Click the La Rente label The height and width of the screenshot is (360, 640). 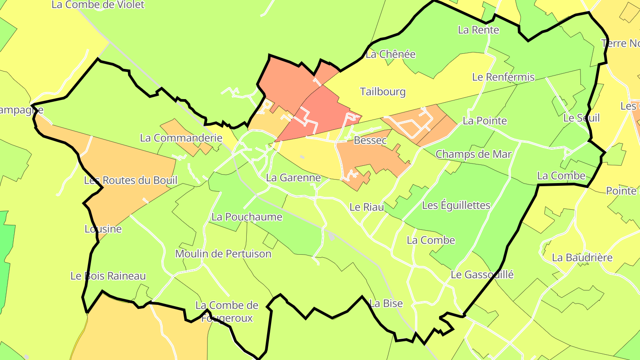(x=478, y=30)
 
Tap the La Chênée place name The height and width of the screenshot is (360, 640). (x=390, y=54)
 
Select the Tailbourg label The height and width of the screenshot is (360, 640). (x=383, y=92)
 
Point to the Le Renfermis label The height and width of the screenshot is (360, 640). (x=503, y=77)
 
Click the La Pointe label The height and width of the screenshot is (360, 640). (x=484, y=121)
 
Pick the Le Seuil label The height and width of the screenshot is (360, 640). (x=581, y=118)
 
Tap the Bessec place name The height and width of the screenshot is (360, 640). (x=370, y=141)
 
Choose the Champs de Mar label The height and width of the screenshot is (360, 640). (x=474, y=154)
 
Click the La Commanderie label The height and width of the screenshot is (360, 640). (x=181, y=138)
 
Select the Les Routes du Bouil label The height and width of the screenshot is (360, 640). (x=131, y=180)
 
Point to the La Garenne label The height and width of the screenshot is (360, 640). (x=293, y=178)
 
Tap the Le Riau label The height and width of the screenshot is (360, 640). (x=367, y=207)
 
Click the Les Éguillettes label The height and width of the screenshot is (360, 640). (x=456, y=205)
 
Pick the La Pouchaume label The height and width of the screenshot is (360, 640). (x=247, y=217)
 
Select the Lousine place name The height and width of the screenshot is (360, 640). (x=103, y=229)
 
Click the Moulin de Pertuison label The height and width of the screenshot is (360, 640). (x=223, y=254)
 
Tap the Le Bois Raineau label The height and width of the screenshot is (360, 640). (x=108, y=276)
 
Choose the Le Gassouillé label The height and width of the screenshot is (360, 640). (x=482, y=275)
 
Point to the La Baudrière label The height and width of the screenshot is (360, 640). (x=582, y=258)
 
